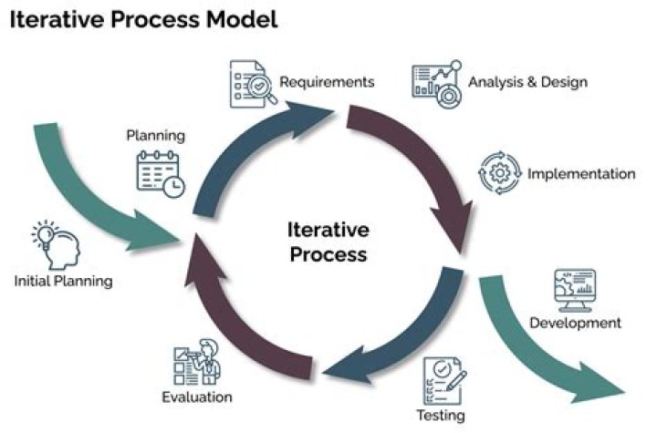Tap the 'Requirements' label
tap(327, 82)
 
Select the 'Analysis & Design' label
tap(527, 83)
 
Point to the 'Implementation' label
tap(581, 173)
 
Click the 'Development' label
tap(575, 323)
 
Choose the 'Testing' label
tap(441, 416)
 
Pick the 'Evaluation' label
tap(197, 397)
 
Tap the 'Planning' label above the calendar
tap(155, 136)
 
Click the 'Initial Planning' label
tap(63, 281)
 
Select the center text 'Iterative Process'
tap(328, 241)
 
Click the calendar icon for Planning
tap(160, 174)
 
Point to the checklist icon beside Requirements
tap(248, 85)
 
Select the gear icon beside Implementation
tap(499, 173)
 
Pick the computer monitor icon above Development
tap(574, 290)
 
